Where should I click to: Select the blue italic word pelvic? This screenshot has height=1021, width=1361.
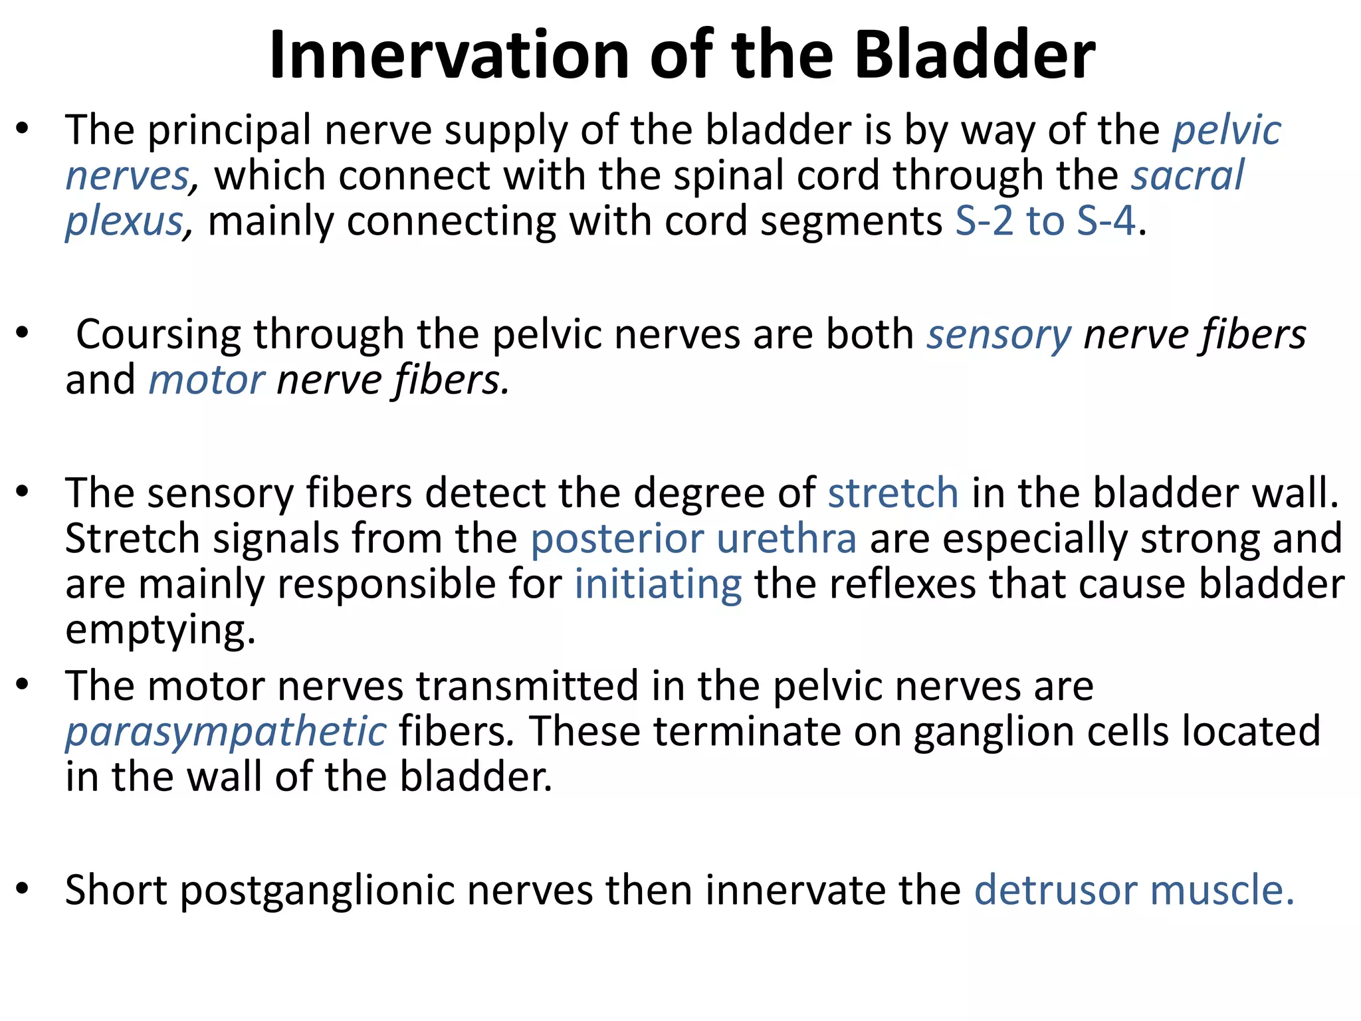tap(1226, 130)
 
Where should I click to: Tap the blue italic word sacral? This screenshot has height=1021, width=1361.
tap(1188, 175)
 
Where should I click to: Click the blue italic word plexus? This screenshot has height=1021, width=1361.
tap(124, 222)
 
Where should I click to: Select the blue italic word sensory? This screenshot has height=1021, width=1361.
tap(999, 335)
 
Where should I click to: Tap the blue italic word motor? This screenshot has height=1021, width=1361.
tap(207, 380)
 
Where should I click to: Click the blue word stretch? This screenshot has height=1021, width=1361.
tap(893, 493)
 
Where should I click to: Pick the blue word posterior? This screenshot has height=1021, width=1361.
tap(617, 538)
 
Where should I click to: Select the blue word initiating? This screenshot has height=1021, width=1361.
tap(658, 584)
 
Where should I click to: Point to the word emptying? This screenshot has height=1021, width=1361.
tap(160, 630)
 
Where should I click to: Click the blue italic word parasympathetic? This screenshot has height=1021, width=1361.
tap(226, 733)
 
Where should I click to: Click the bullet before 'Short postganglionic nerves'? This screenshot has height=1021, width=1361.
tap(23, 888)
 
